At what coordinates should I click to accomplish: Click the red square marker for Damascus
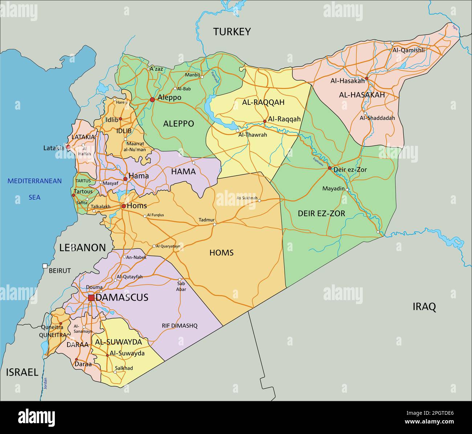point(91,298)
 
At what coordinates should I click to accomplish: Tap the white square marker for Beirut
point(45,266)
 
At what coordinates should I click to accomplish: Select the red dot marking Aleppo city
point(152,99)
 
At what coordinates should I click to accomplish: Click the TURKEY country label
point(232,32)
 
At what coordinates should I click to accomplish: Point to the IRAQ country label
point(424,307)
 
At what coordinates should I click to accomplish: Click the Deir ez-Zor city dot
point(330,168)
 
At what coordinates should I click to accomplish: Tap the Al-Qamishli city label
point(408,50)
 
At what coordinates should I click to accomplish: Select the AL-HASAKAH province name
point(362,95)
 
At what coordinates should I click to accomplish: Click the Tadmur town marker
point(214,224)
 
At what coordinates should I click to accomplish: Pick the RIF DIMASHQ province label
point(179,326)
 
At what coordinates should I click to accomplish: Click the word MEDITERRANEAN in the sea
point(35,181)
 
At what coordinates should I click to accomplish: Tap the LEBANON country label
point(82,248)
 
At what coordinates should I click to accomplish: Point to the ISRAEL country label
point(22,372)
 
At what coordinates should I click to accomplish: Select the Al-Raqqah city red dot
point(265,122)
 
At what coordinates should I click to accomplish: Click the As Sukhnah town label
point(247,198)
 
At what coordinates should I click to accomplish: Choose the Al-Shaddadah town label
point(377,118)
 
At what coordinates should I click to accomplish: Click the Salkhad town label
point(124,368)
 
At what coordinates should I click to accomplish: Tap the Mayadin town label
point(333,189)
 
